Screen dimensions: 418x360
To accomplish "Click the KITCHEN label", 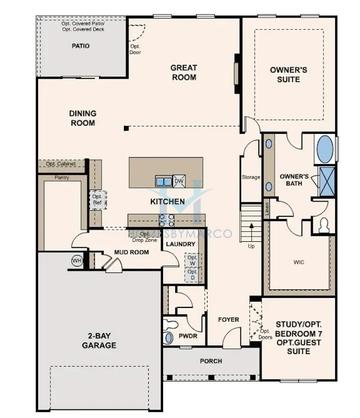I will point(167,201).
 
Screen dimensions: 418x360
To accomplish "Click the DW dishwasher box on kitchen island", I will point(179,181).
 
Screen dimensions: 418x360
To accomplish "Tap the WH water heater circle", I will point(77,260).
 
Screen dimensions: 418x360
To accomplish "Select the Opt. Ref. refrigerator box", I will point(98,200).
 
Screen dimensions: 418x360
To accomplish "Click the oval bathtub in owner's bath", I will point(326,150).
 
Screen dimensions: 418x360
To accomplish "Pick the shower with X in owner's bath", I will point(326,181).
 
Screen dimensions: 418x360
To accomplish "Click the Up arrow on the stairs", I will point(251,244).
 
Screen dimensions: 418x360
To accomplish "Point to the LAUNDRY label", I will point(180,243).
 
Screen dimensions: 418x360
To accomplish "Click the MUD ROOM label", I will point(132,252).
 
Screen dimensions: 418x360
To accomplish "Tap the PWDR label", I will point(188,338).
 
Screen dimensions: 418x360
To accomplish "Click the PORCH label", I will point(210,362).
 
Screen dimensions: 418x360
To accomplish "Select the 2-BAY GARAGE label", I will point(100,339).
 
